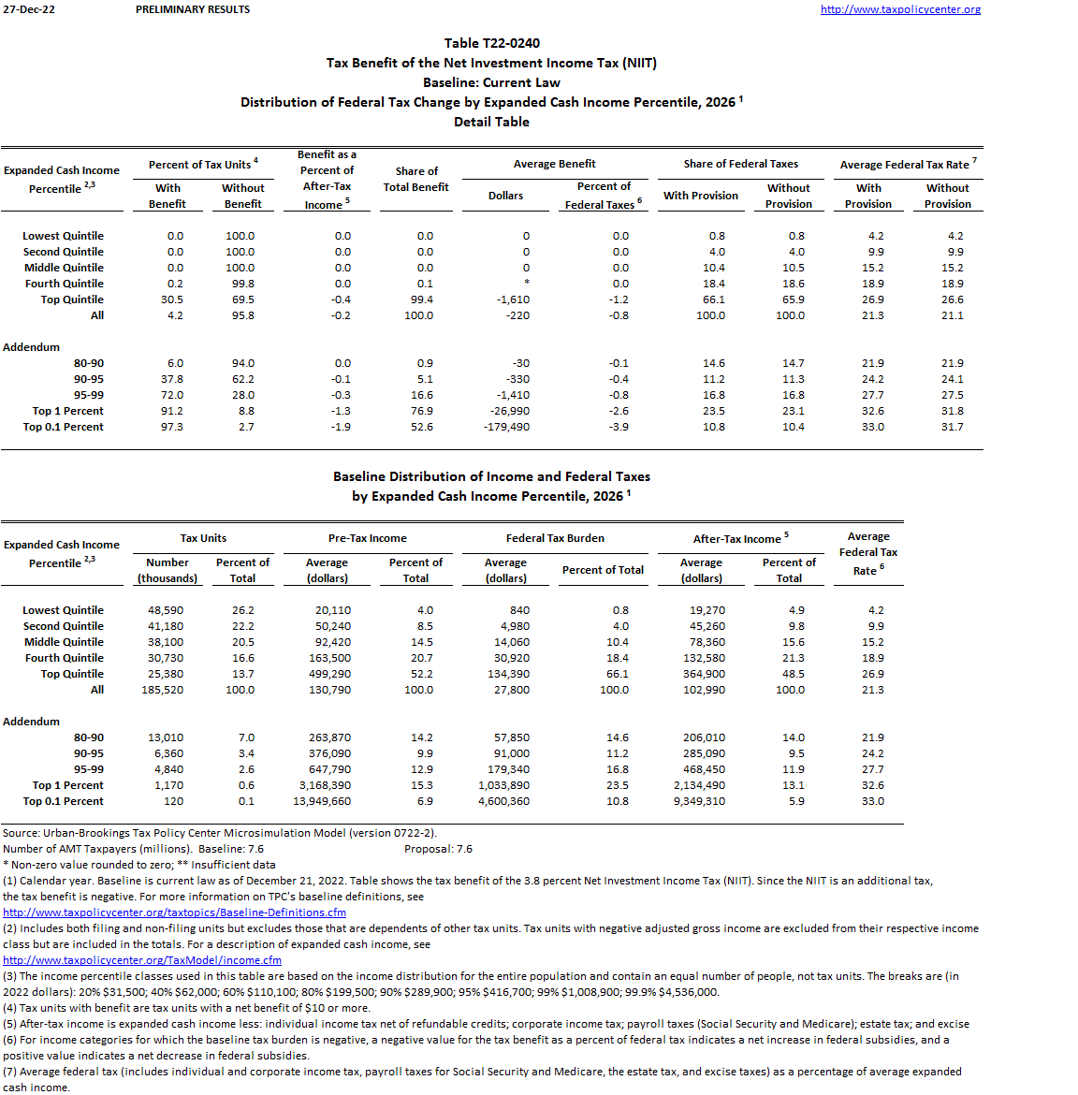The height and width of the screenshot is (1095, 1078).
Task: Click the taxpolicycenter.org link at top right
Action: [900, 9]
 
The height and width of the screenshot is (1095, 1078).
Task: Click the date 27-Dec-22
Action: [29, 9]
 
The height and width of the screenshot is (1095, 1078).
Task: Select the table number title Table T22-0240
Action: [491, 43]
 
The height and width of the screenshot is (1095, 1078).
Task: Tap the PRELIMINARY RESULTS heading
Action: [193, 9]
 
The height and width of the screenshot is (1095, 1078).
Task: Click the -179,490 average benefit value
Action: [506, 427]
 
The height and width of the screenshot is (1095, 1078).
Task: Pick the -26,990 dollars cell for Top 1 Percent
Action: [510, 411]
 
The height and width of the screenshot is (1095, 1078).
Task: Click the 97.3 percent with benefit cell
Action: [172, 427]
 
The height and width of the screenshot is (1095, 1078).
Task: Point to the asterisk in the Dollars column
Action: [527, 284]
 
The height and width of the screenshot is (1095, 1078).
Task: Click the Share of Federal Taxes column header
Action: [740, 164]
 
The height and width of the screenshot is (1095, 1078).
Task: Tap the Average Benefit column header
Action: [554, 164]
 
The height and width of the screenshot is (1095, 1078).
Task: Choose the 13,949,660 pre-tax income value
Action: [322, 801]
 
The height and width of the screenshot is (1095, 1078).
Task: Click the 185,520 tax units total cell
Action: [163, 690]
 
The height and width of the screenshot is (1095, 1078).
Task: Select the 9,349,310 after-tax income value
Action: [699, 801]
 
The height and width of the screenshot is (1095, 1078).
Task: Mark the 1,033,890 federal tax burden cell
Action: [503, 785]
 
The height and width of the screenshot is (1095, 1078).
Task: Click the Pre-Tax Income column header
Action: [367, 538]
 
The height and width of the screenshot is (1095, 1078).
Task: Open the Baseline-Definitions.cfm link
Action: [174, 912]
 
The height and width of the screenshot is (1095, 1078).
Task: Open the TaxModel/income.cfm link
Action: [142, 960]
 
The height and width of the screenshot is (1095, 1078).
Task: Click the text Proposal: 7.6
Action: [438, 849]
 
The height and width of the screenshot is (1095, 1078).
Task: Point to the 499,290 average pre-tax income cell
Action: [330, 674]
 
